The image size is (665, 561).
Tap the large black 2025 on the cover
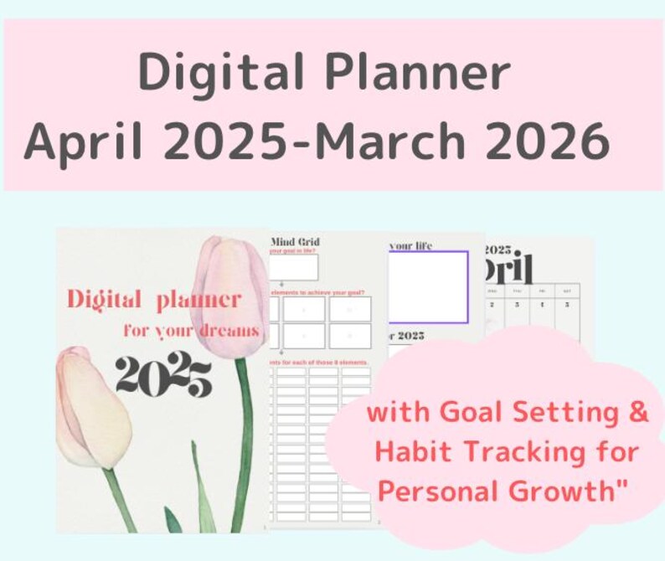(x=163, y=376)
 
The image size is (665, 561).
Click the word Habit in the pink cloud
(x=412, y=452)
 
